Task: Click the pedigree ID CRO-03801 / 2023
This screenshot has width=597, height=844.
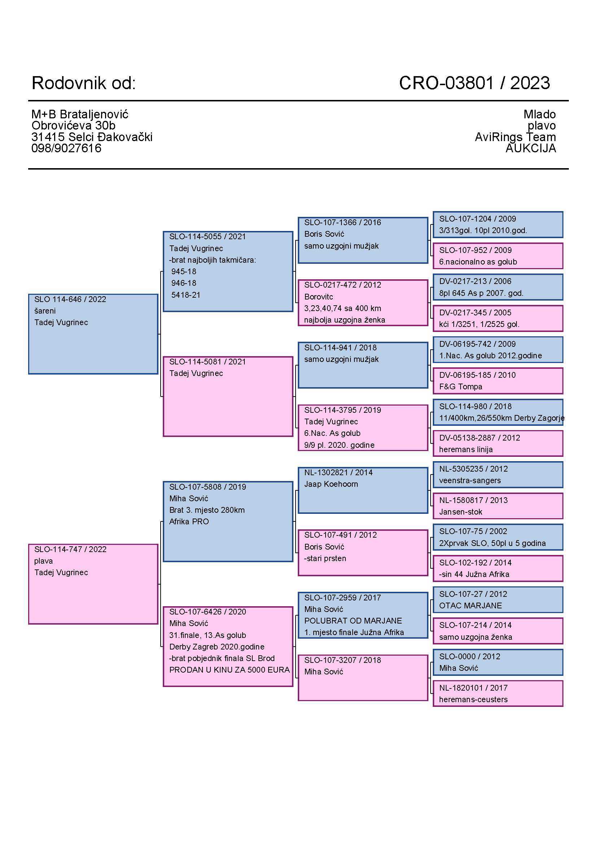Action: tap(474, 83)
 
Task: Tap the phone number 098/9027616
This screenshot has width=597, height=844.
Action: tap(66, 148)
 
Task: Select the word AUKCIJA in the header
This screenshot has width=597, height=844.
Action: tap(531, 148)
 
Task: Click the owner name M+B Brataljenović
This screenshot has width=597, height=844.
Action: tap(80, 114)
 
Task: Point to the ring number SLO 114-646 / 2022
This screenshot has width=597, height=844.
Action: tap(70, 299)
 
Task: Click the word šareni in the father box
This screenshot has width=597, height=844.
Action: tap(45, 311)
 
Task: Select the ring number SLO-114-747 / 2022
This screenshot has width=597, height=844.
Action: tap(70, 549)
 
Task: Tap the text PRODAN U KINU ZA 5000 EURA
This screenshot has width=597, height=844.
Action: tap(229, 670)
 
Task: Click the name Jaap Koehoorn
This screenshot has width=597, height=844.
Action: tap(331, 484)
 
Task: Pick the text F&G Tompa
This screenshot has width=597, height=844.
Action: tap(460, 387)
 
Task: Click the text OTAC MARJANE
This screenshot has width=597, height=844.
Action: tap(470, 605)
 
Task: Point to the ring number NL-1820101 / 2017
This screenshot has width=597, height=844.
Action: tap(473, 688)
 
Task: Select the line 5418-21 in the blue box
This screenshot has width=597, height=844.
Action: tap(186, 295)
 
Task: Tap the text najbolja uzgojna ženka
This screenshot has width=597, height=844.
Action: tap(344, 320)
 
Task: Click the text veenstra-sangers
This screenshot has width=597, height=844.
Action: tap(470, 480)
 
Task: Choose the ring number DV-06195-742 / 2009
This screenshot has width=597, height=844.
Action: tap(477, 344)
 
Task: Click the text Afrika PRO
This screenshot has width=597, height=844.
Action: tap(189, 522)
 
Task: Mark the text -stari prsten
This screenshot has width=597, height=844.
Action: tap(325, 558)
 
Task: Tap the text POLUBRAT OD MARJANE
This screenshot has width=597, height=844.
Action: tap(353, 621)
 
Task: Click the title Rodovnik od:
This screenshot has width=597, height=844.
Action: tap(83, 83)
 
